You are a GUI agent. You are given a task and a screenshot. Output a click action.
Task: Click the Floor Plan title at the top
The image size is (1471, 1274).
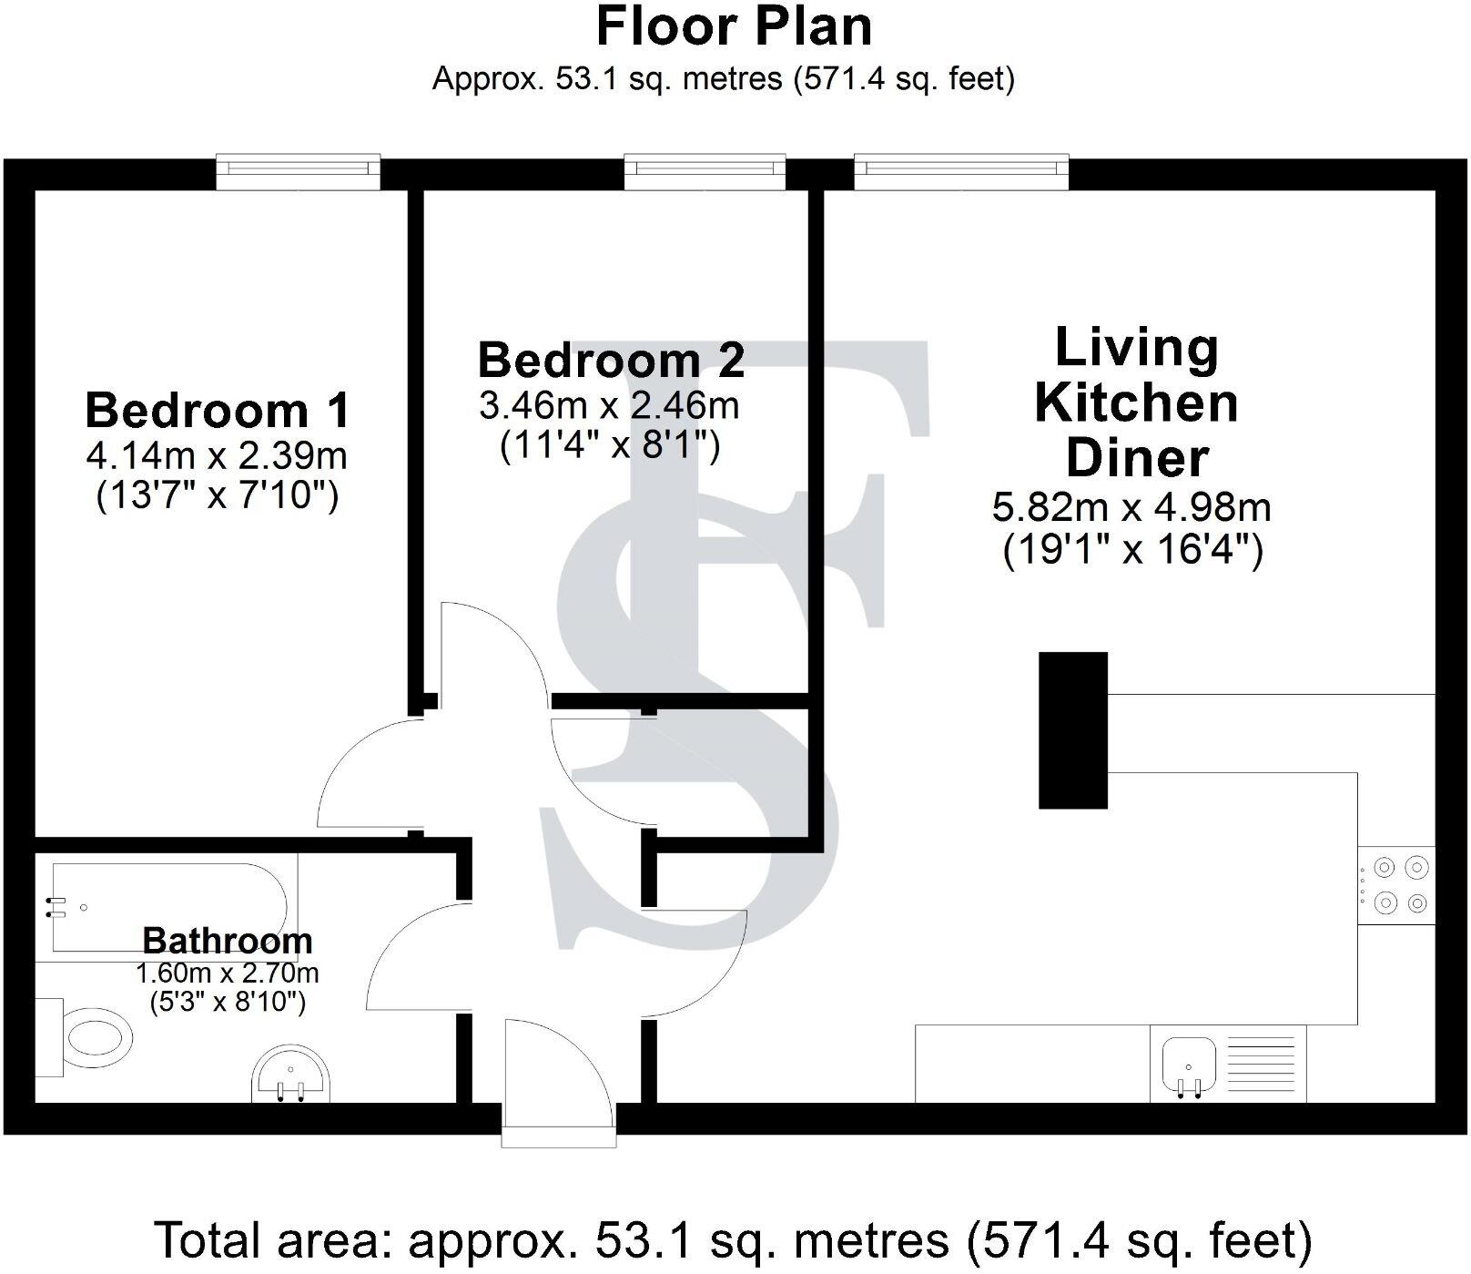click(734, 27)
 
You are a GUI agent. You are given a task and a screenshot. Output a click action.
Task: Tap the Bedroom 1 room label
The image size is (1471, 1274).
click(217, 410)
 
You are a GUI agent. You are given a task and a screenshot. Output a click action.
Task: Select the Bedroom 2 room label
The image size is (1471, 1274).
click(611, 360)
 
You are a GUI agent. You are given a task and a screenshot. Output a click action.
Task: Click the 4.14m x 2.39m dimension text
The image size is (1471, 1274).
click(217, 454)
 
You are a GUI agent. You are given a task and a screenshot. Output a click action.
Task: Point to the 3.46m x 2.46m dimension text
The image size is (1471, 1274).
click(609, 405)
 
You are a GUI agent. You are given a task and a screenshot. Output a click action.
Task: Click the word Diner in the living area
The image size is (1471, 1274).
click(1136, 457)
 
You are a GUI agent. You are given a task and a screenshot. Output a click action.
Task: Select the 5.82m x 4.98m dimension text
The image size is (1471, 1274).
click(1131, 506)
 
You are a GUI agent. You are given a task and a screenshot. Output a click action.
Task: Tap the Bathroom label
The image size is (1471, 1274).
click(227, 940)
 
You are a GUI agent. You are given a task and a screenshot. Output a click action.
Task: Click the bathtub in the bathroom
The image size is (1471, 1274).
click(168, 907)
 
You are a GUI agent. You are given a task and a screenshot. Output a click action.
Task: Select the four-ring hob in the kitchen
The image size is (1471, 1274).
click(1396, 885)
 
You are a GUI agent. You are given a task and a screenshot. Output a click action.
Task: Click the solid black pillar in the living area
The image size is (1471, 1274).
click(1073, 730)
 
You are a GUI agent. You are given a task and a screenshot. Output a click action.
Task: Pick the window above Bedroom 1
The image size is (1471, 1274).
click(298, 169)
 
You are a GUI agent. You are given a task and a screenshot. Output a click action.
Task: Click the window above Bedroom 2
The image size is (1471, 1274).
click(705, 169)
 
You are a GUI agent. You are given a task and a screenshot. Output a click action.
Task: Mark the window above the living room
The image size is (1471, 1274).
click(960, 169)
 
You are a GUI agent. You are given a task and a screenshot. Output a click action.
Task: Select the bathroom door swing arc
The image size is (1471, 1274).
click(410, 956)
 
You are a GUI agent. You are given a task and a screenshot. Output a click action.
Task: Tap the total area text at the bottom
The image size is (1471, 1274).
click(734, 1240)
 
